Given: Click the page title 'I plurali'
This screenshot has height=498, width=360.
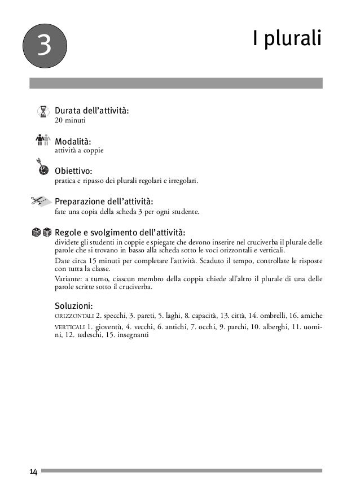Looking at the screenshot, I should coord(287,40).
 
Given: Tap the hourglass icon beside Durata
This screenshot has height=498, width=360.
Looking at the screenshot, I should coord(43,111).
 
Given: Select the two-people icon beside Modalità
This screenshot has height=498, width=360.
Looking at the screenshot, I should coord(43,140).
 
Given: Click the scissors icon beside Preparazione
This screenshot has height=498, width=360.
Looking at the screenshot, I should coord(41,200).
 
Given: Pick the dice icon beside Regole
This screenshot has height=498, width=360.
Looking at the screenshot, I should coord(42,232).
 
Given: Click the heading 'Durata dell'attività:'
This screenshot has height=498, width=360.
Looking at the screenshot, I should coord(92,110).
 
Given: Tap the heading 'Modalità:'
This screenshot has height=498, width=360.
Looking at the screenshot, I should coord(73,141).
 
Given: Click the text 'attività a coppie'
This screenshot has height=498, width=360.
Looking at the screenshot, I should coord(79,151).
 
